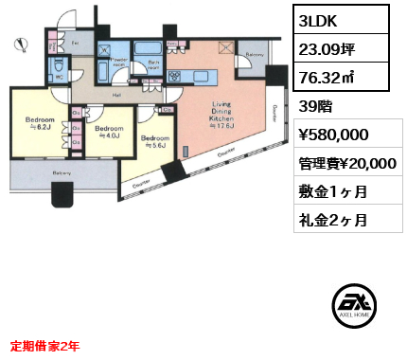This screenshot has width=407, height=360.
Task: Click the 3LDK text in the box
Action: point(318,21)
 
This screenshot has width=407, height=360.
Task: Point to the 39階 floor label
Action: point(317,105)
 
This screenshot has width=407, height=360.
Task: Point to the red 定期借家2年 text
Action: point(44,345)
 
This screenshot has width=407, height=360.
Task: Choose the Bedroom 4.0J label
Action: point(109,132)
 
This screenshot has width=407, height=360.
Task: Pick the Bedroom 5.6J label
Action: point(155,142)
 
